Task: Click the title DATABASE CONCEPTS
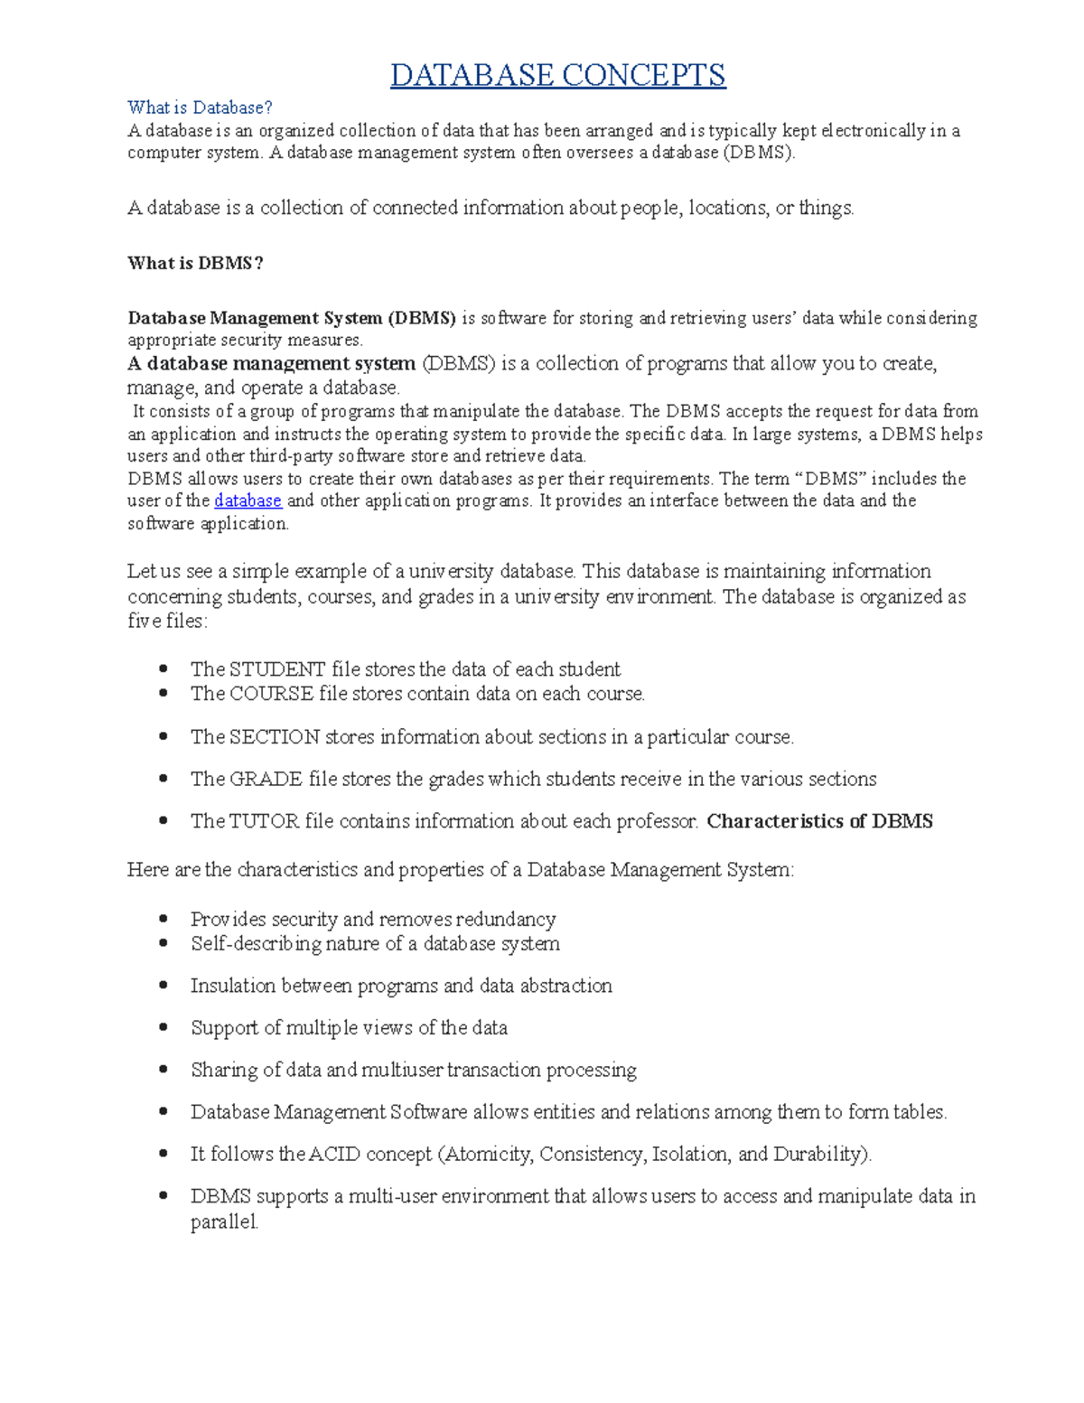557,75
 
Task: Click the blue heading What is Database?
200,108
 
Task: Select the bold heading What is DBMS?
195,263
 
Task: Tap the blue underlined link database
248,500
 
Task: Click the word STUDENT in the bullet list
277,669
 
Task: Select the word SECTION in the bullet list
275,737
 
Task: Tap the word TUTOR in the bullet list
264,821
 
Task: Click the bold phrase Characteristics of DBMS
819,821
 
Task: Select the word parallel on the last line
223,1222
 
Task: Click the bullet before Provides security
164,919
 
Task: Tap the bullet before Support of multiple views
164,1027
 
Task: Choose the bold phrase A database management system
271,364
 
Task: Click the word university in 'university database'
451,572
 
